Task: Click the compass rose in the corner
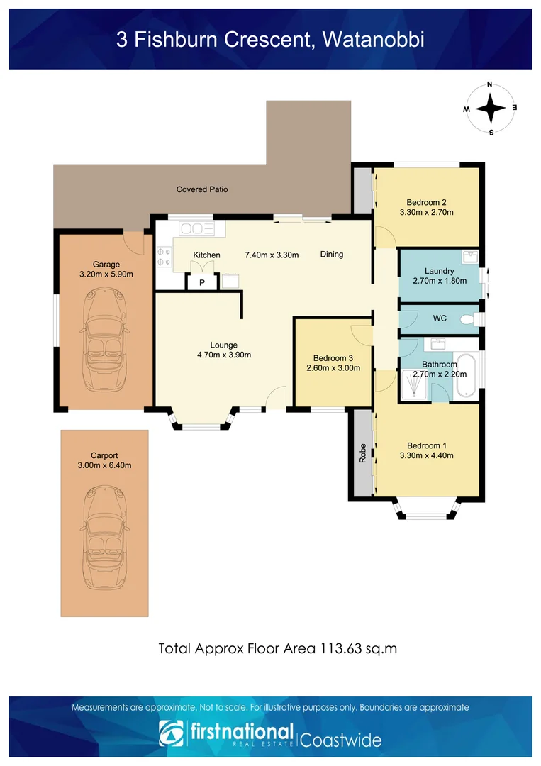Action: point(490,108)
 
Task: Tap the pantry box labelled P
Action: point(201,282)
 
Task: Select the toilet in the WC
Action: point(469,319)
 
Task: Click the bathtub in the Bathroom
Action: point(466,375)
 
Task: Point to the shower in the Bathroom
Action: point(413,384)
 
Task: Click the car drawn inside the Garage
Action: point(104,340)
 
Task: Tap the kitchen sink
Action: point(197,228)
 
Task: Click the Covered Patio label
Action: point(202,189)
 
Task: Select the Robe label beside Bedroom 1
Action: point(363,453)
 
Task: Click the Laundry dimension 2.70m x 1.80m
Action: point(440,281)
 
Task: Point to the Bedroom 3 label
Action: point(333,358)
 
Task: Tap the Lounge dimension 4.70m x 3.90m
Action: point(224,355)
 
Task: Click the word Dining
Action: point(332,254)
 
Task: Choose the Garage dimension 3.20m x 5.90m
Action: point(106,274)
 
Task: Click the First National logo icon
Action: point(171,733)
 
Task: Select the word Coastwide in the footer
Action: point(340,740)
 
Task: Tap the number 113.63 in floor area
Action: point(341,649)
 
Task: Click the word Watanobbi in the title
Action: point(374,39)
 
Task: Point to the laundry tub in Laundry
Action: point(469,257)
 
